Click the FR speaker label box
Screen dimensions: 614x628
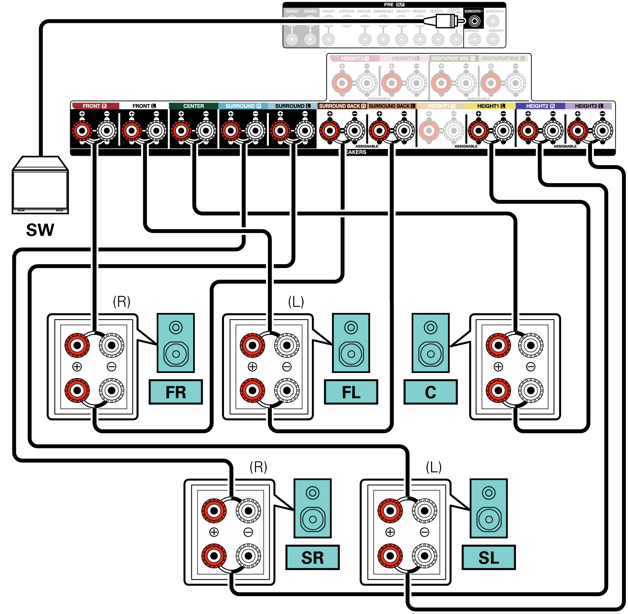point(176,392)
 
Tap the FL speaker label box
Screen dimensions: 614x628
point(351,392)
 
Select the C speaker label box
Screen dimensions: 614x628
point(430,392)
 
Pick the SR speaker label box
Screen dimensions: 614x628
point(312,558)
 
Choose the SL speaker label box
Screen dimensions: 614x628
point(489,558)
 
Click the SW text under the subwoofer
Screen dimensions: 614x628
point(40,230)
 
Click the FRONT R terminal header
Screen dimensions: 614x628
point(95,106)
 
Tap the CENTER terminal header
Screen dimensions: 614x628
point(193,106)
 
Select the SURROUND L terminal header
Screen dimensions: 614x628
point(292,106)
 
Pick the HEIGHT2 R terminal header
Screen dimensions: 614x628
point(540,106)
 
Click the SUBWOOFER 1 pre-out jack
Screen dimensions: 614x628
point(474,22)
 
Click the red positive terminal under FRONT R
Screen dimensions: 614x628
point(82,131)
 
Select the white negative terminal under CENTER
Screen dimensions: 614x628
point(206,131)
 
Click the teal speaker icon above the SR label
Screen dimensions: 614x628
point(312,508)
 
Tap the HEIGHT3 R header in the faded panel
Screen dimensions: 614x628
point(355,59)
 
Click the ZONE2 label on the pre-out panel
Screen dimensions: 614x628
point(292,11)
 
